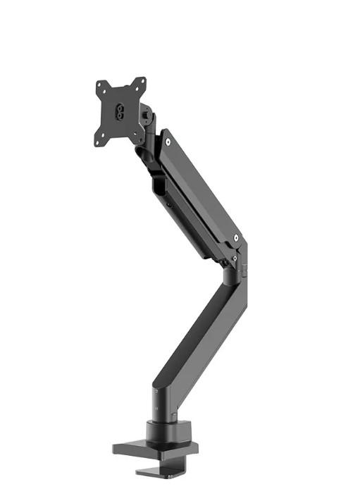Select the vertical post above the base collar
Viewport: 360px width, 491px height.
click(x=157, y=404)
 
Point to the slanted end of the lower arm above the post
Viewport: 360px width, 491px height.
click(x=162, y=385)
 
